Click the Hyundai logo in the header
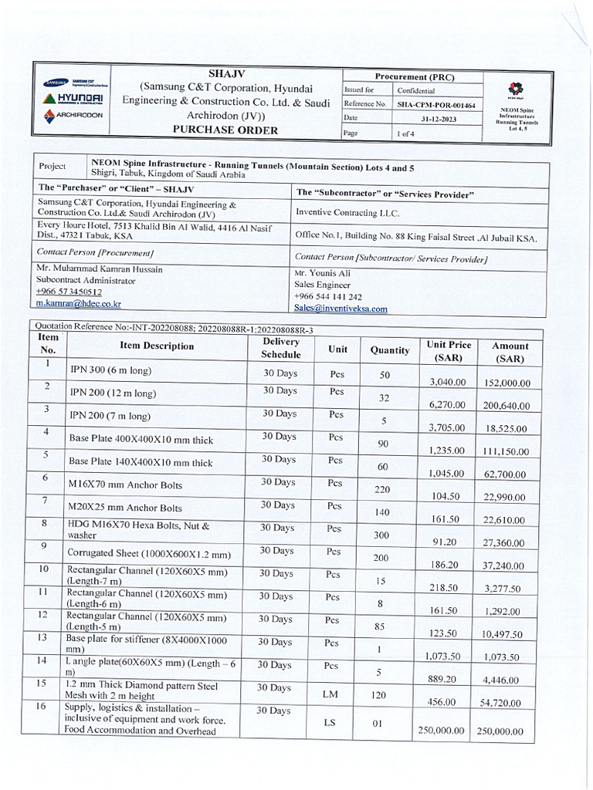[x=73, y=99]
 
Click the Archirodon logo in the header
[x=73, y=115]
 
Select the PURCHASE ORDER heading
[x=225, y=130]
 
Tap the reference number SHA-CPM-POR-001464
[x=436, y=104]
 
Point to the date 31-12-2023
[x=436, y=119]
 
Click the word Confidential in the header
[x=416, y=90]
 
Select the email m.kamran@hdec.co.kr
[x=79, y=304]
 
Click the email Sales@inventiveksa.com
[x=341, y=309]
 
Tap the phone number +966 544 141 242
[x=327, y=297]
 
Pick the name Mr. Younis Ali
[x=322, y=273]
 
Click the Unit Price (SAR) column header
[x=449, y=352]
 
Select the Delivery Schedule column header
[x=281, y=348]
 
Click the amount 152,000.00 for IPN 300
[x=507, y=383]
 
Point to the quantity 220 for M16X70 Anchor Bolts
[x=382, y=489]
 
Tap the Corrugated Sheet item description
[x=148, y=554]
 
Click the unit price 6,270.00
[x=447, y=405]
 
